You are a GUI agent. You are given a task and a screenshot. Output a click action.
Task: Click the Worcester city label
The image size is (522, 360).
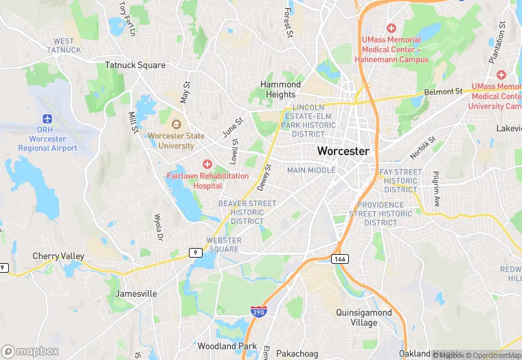point(343,151)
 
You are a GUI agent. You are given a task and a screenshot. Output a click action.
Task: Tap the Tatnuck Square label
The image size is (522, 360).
point(135,65)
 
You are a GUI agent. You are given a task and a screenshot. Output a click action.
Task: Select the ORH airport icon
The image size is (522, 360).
point(47,118)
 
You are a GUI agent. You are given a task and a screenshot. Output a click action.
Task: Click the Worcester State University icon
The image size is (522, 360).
point(177,125)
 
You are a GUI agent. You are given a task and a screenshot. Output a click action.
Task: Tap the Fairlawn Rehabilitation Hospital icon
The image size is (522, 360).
point(207,164)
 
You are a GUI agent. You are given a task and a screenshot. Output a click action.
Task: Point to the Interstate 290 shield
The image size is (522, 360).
point(258,311)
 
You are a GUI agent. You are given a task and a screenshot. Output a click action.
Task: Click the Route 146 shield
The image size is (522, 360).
point(339,259)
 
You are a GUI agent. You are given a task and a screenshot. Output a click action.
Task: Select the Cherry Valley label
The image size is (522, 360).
point(58,256)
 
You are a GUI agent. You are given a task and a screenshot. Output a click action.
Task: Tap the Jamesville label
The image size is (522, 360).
point(136,293)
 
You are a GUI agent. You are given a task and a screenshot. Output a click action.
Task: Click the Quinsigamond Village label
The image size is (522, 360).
point(364,317)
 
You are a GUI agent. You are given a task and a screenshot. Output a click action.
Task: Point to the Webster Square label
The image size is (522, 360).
point(223,244)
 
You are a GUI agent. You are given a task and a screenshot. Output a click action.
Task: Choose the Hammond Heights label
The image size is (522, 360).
point(280,89)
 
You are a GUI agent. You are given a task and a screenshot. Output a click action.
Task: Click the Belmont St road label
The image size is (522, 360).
point(443,91)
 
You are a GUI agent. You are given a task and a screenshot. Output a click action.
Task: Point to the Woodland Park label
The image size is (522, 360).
point(227,346)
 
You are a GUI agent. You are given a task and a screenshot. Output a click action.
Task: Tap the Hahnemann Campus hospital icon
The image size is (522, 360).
point(391,28)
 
